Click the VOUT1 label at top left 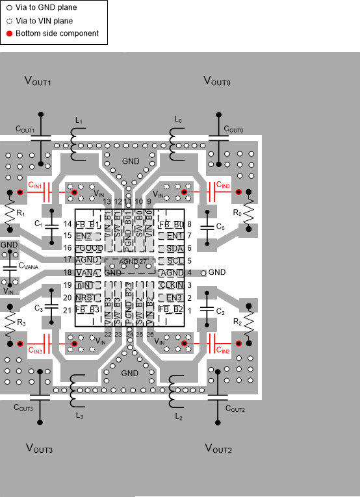coord(38,81)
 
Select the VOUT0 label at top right coord(217,81)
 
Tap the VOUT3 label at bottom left coord(38,448)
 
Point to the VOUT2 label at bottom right coord(218,448)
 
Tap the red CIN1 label coord(34,186)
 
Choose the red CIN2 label coord(222,350)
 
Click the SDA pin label coord(174,248)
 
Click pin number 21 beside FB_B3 coord(68,311)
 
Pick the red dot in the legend coord(9,33)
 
